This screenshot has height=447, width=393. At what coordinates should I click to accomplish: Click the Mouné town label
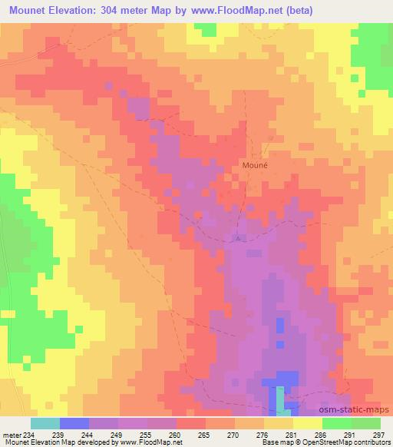tap(256, 164)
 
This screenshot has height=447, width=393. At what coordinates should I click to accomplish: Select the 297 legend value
tap(379, 434)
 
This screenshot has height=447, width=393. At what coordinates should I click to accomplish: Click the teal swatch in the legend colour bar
tap(45, 423)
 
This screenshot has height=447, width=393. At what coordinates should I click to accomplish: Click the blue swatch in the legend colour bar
tap(74, 423)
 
